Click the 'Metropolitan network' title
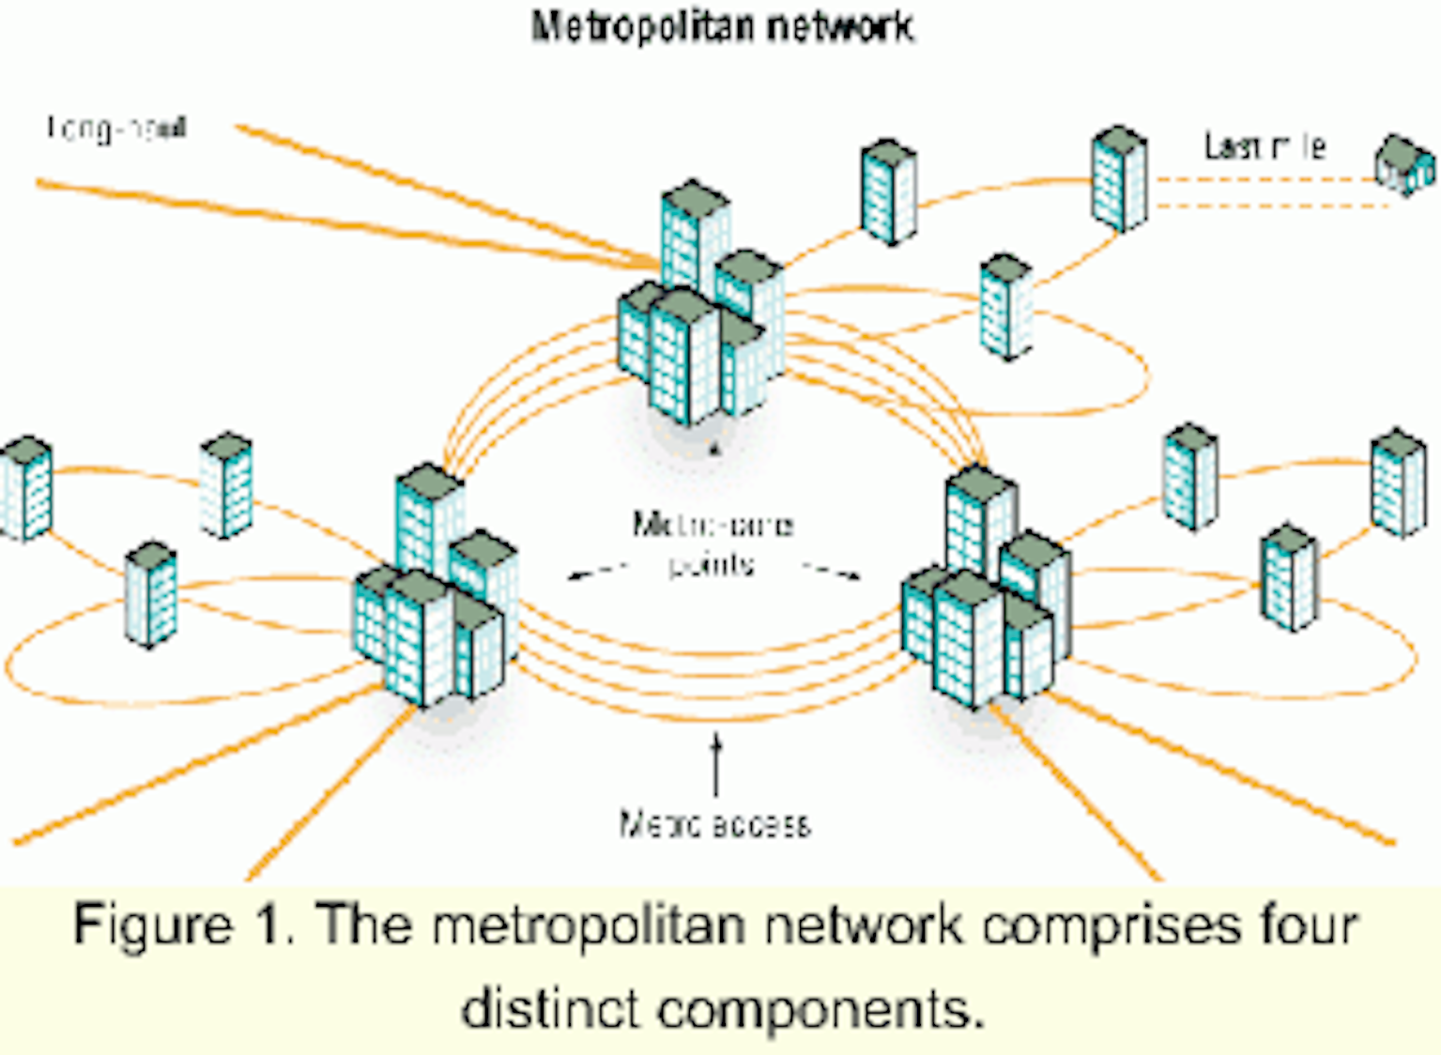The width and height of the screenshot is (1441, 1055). tap(722, 26)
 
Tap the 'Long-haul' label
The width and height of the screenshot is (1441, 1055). tap(117, 128)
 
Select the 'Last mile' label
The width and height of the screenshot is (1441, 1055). tap(1265, 146)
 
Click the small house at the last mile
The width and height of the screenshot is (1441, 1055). tap(1405, 166)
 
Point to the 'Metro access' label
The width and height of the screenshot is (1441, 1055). tap(714, 823)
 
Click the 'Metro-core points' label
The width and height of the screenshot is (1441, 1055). tap(713, 543)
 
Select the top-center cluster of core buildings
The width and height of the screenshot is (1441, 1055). tap(699, 310)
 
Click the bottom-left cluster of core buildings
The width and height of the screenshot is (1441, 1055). tap(435, 591)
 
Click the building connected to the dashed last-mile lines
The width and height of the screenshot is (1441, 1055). tap(1119, 178)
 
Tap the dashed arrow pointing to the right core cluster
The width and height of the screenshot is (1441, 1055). tap(831, 570)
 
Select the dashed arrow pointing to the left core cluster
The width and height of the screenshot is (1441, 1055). tap(597, 570)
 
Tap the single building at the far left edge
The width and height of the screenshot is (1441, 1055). tap(25, 488)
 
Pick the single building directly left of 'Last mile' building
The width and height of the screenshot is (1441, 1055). tap(888, 191)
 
